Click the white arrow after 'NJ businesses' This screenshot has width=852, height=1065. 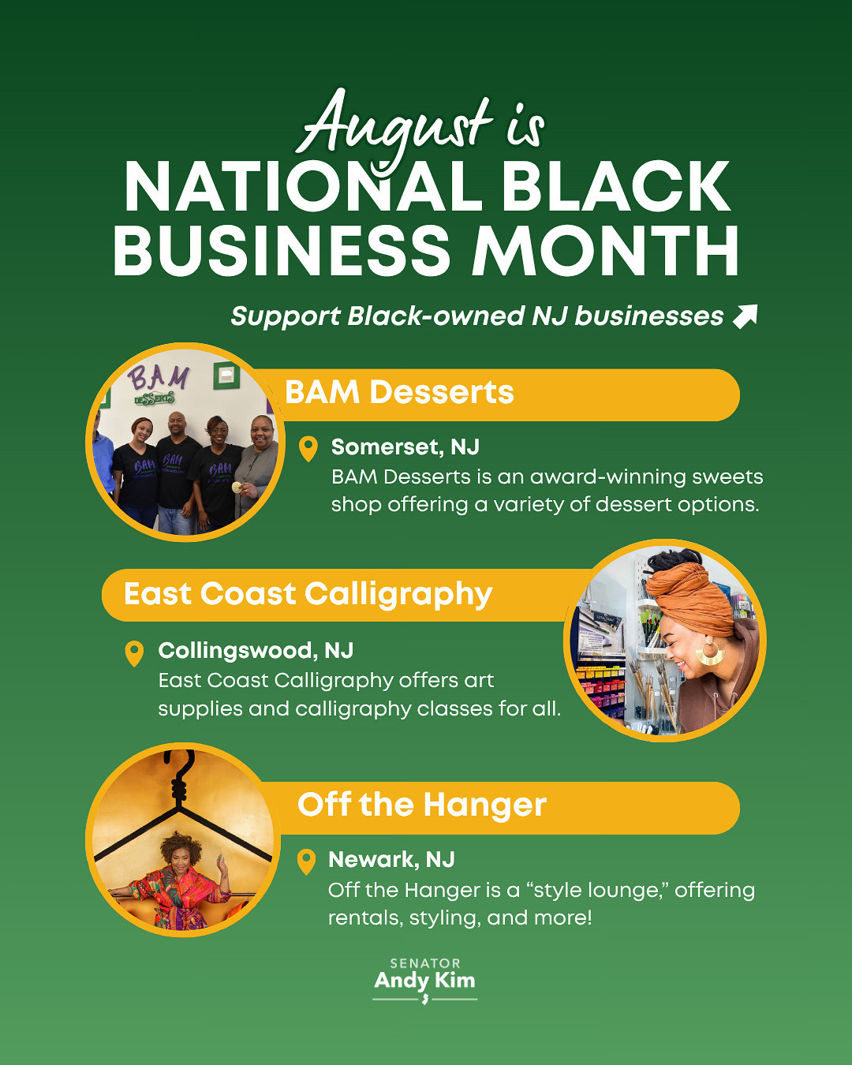[x=745, y=316]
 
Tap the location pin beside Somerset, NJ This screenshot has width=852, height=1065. [x=308, y=449]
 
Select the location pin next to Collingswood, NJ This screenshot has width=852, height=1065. [x=134, y=653]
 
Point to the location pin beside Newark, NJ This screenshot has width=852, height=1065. [x=306, y=862]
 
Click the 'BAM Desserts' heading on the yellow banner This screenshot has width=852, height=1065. [x=399, y=392]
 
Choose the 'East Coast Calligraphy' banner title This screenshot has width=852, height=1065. [x=308, y=594]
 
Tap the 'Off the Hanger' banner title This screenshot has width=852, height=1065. [x=422, y=805]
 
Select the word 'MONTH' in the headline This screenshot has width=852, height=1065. [x=604, y=250]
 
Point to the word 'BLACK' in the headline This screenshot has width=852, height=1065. [x=616, y=186]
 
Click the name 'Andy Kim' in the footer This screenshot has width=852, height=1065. [x=424, y=981]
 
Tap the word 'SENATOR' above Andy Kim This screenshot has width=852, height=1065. [x=425, y=963]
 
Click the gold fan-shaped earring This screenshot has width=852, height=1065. [x=711, y=652]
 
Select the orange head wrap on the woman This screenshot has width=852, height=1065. [x=690, y=596]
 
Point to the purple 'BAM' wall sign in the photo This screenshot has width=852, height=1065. [x=159, y=379]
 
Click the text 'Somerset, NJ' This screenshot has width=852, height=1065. [x=405, y=447]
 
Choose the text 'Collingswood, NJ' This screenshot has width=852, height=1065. [x=256, y=650]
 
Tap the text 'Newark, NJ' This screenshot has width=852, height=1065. [x=391, y=860]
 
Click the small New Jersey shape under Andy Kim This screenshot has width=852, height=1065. [x=424, y=1000]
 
